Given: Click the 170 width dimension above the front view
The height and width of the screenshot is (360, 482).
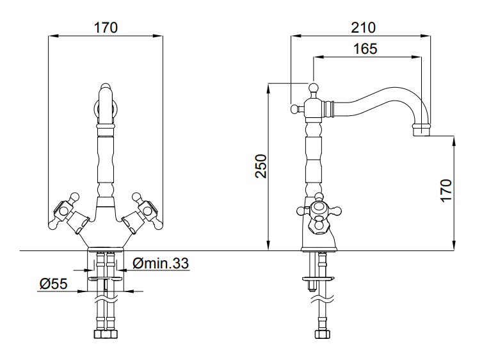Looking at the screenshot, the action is [106, 28].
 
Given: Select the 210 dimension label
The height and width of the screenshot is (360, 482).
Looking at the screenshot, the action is [363, 28].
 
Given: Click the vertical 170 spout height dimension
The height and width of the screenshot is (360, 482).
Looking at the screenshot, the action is [446, 191].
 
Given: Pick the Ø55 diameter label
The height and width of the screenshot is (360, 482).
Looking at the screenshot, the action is [54, 284].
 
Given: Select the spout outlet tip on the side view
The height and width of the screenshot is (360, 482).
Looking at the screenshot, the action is [421, 131].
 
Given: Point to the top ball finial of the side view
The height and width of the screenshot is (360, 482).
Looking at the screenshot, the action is [314, 87].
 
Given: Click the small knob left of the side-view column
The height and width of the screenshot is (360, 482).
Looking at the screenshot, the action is [295, 109].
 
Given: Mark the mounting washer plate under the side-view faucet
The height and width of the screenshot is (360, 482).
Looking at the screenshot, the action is [319, 279].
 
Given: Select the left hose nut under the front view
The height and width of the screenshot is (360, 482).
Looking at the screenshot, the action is [99, 334].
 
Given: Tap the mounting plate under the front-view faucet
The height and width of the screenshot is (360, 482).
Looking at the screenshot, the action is [106, 279].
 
